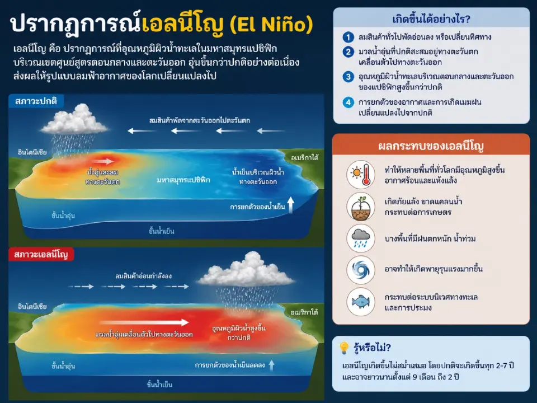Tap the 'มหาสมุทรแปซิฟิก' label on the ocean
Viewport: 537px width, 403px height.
click(183, 180)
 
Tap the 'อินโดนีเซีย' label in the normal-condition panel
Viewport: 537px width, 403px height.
click(32, 152)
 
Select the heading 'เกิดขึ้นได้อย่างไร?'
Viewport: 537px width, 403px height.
click(431, 19)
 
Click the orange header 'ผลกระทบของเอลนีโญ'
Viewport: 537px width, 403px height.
click(431, 147)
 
